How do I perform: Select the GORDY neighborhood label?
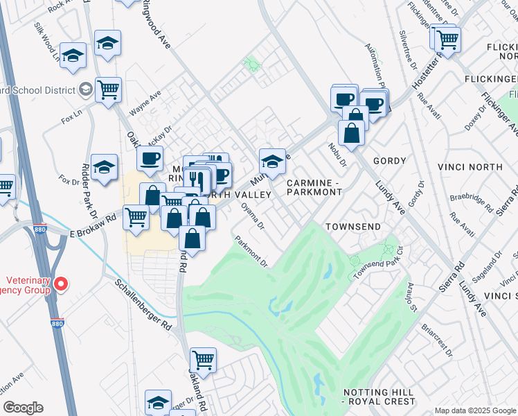point(389,161)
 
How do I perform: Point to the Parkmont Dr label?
point(251,251)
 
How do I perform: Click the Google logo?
point(23,408)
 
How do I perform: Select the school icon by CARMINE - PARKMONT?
point(273,162)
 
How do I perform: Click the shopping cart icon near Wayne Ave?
point(109,89)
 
